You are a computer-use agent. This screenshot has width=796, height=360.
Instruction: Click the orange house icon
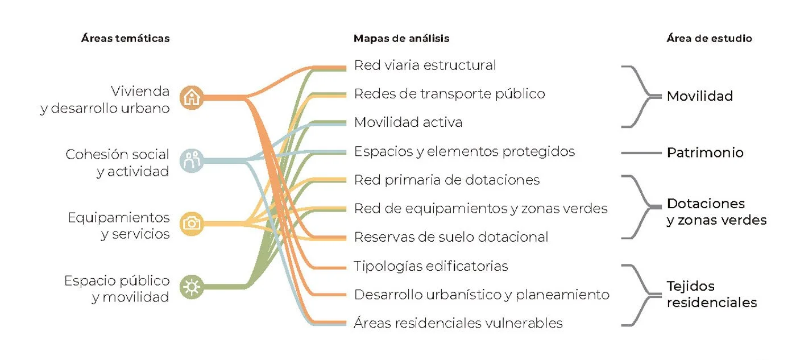193,97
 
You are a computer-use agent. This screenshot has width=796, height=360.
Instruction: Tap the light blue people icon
193,160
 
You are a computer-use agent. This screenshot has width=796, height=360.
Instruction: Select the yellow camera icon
193,224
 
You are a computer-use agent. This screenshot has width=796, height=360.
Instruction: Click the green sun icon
193,286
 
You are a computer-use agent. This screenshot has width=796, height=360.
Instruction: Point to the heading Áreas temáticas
125,39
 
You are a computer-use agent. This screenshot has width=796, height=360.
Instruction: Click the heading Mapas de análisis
401,39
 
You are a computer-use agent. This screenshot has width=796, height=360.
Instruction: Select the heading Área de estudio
709,39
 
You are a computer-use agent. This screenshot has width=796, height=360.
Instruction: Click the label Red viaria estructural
425,65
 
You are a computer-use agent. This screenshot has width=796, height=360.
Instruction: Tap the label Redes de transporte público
449,94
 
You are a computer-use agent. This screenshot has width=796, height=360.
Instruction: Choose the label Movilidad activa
408,122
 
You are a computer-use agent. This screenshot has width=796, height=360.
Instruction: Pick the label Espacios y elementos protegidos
464,151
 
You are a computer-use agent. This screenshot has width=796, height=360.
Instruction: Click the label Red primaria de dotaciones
446,180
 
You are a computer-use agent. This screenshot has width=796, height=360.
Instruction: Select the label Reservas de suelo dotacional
451,237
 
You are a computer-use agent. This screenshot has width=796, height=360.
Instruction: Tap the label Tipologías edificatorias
430,266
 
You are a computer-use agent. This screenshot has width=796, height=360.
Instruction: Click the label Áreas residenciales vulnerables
458,324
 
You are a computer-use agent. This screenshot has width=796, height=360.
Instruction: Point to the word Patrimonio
705,153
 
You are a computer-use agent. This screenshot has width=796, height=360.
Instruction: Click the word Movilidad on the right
699,96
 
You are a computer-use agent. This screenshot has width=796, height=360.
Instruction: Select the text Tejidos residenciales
711,295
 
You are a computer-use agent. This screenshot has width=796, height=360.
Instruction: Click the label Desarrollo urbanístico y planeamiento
482,295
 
